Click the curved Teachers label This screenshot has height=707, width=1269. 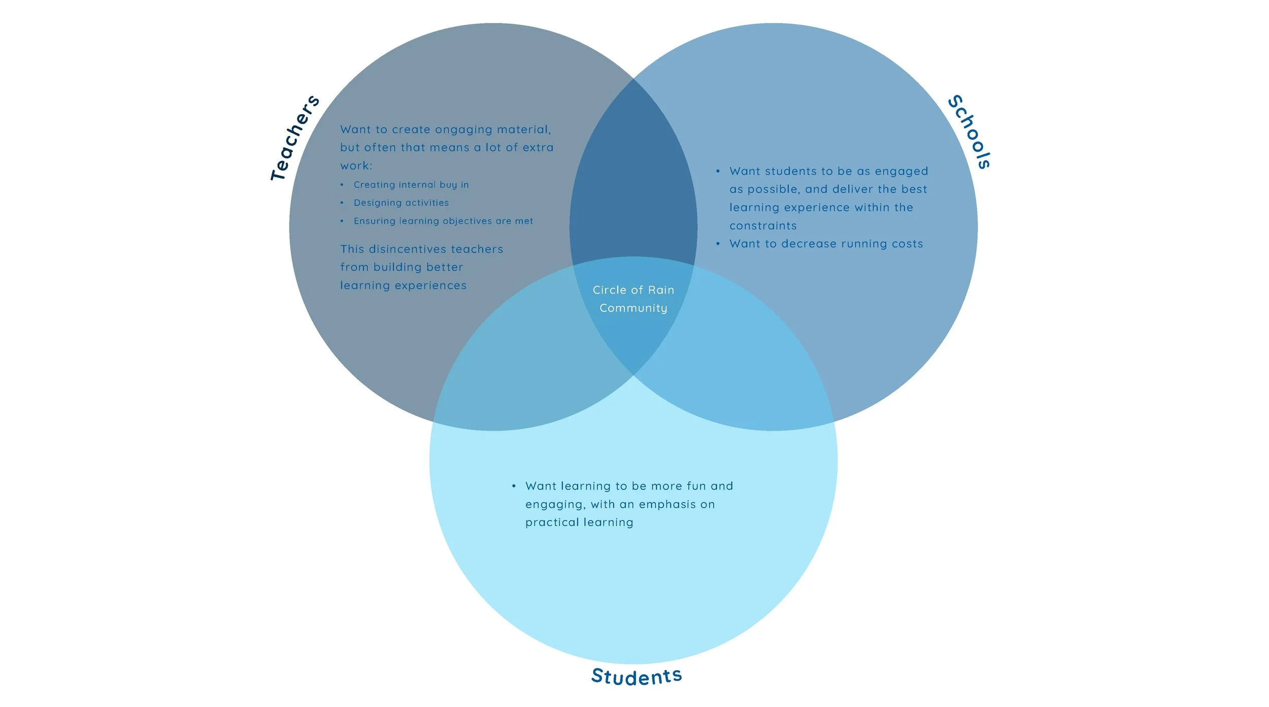(x=294, y=138)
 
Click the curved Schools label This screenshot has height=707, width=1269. (x=970, y=132)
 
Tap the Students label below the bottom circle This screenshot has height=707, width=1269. (x=637, y=676)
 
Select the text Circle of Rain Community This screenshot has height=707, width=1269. (x=633, y=299)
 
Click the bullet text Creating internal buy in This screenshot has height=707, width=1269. (x=411, y=185)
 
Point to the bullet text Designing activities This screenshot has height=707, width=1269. (x=401, y=203)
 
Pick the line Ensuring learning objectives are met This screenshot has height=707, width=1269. (x=443, y=221)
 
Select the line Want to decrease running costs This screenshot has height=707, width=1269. (x=826, y=244)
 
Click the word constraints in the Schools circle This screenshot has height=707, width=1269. (x=763, y=226)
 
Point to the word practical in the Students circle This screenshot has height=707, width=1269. (x=552, y=522)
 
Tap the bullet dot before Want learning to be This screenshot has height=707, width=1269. (x=514, y=486)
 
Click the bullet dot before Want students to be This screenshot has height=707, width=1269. (x=718, y=171)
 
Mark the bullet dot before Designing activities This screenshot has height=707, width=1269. (x=342, y=203)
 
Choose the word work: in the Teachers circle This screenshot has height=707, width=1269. (x=356, y=166)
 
